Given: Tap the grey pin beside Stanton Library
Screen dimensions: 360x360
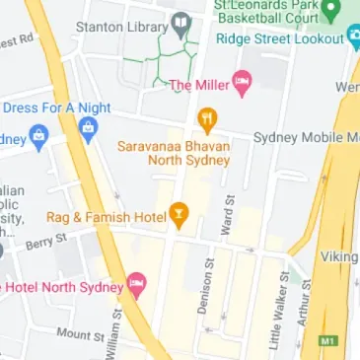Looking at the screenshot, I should [181, 22].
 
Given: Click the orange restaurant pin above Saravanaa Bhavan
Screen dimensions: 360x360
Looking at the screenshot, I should [207, 121].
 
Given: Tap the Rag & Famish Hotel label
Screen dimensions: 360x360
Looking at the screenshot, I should [106, 215].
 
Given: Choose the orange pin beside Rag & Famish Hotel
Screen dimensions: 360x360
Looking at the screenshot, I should [179, 212].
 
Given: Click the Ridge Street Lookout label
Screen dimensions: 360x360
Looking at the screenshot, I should [279, 38].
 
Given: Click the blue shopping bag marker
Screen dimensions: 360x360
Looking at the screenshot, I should [88, 127].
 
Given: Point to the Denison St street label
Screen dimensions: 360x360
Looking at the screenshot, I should [206, 286].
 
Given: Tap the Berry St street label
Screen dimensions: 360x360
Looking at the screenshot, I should [46, 241].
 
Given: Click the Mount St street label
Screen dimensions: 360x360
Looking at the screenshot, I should [79, 335].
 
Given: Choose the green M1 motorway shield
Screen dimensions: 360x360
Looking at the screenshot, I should [328, 341].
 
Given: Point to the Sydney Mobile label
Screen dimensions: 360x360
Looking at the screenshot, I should [303, 137].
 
